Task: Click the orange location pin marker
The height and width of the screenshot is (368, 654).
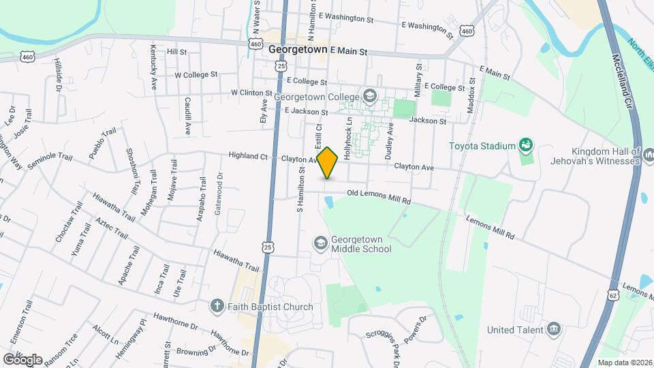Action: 328,163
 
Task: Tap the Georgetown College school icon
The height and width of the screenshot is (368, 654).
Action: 369,96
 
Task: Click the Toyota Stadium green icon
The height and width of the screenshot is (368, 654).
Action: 525,145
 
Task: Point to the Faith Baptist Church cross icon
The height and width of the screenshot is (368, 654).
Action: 217,306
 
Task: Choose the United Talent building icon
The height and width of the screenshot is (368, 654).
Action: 554,330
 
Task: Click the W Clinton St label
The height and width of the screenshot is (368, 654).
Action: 251,93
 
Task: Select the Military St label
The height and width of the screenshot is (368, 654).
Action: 419,80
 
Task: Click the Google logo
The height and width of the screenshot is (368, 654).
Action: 22,359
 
